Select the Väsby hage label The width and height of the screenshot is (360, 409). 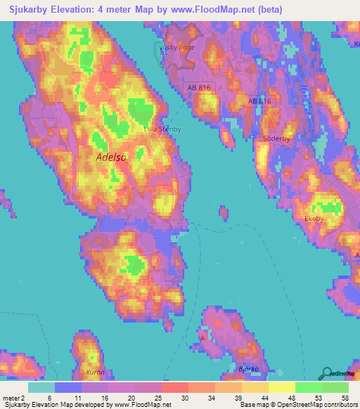coord(176,48)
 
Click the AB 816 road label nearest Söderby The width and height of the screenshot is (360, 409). coord(259,101)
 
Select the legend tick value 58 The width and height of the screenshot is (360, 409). coord(344,397)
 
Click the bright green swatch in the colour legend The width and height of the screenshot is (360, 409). coord(308,387)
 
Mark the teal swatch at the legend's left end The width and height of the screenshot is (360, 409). coord(41,387)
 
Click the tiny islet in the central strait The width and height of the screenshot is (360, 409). coord(224,212)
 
